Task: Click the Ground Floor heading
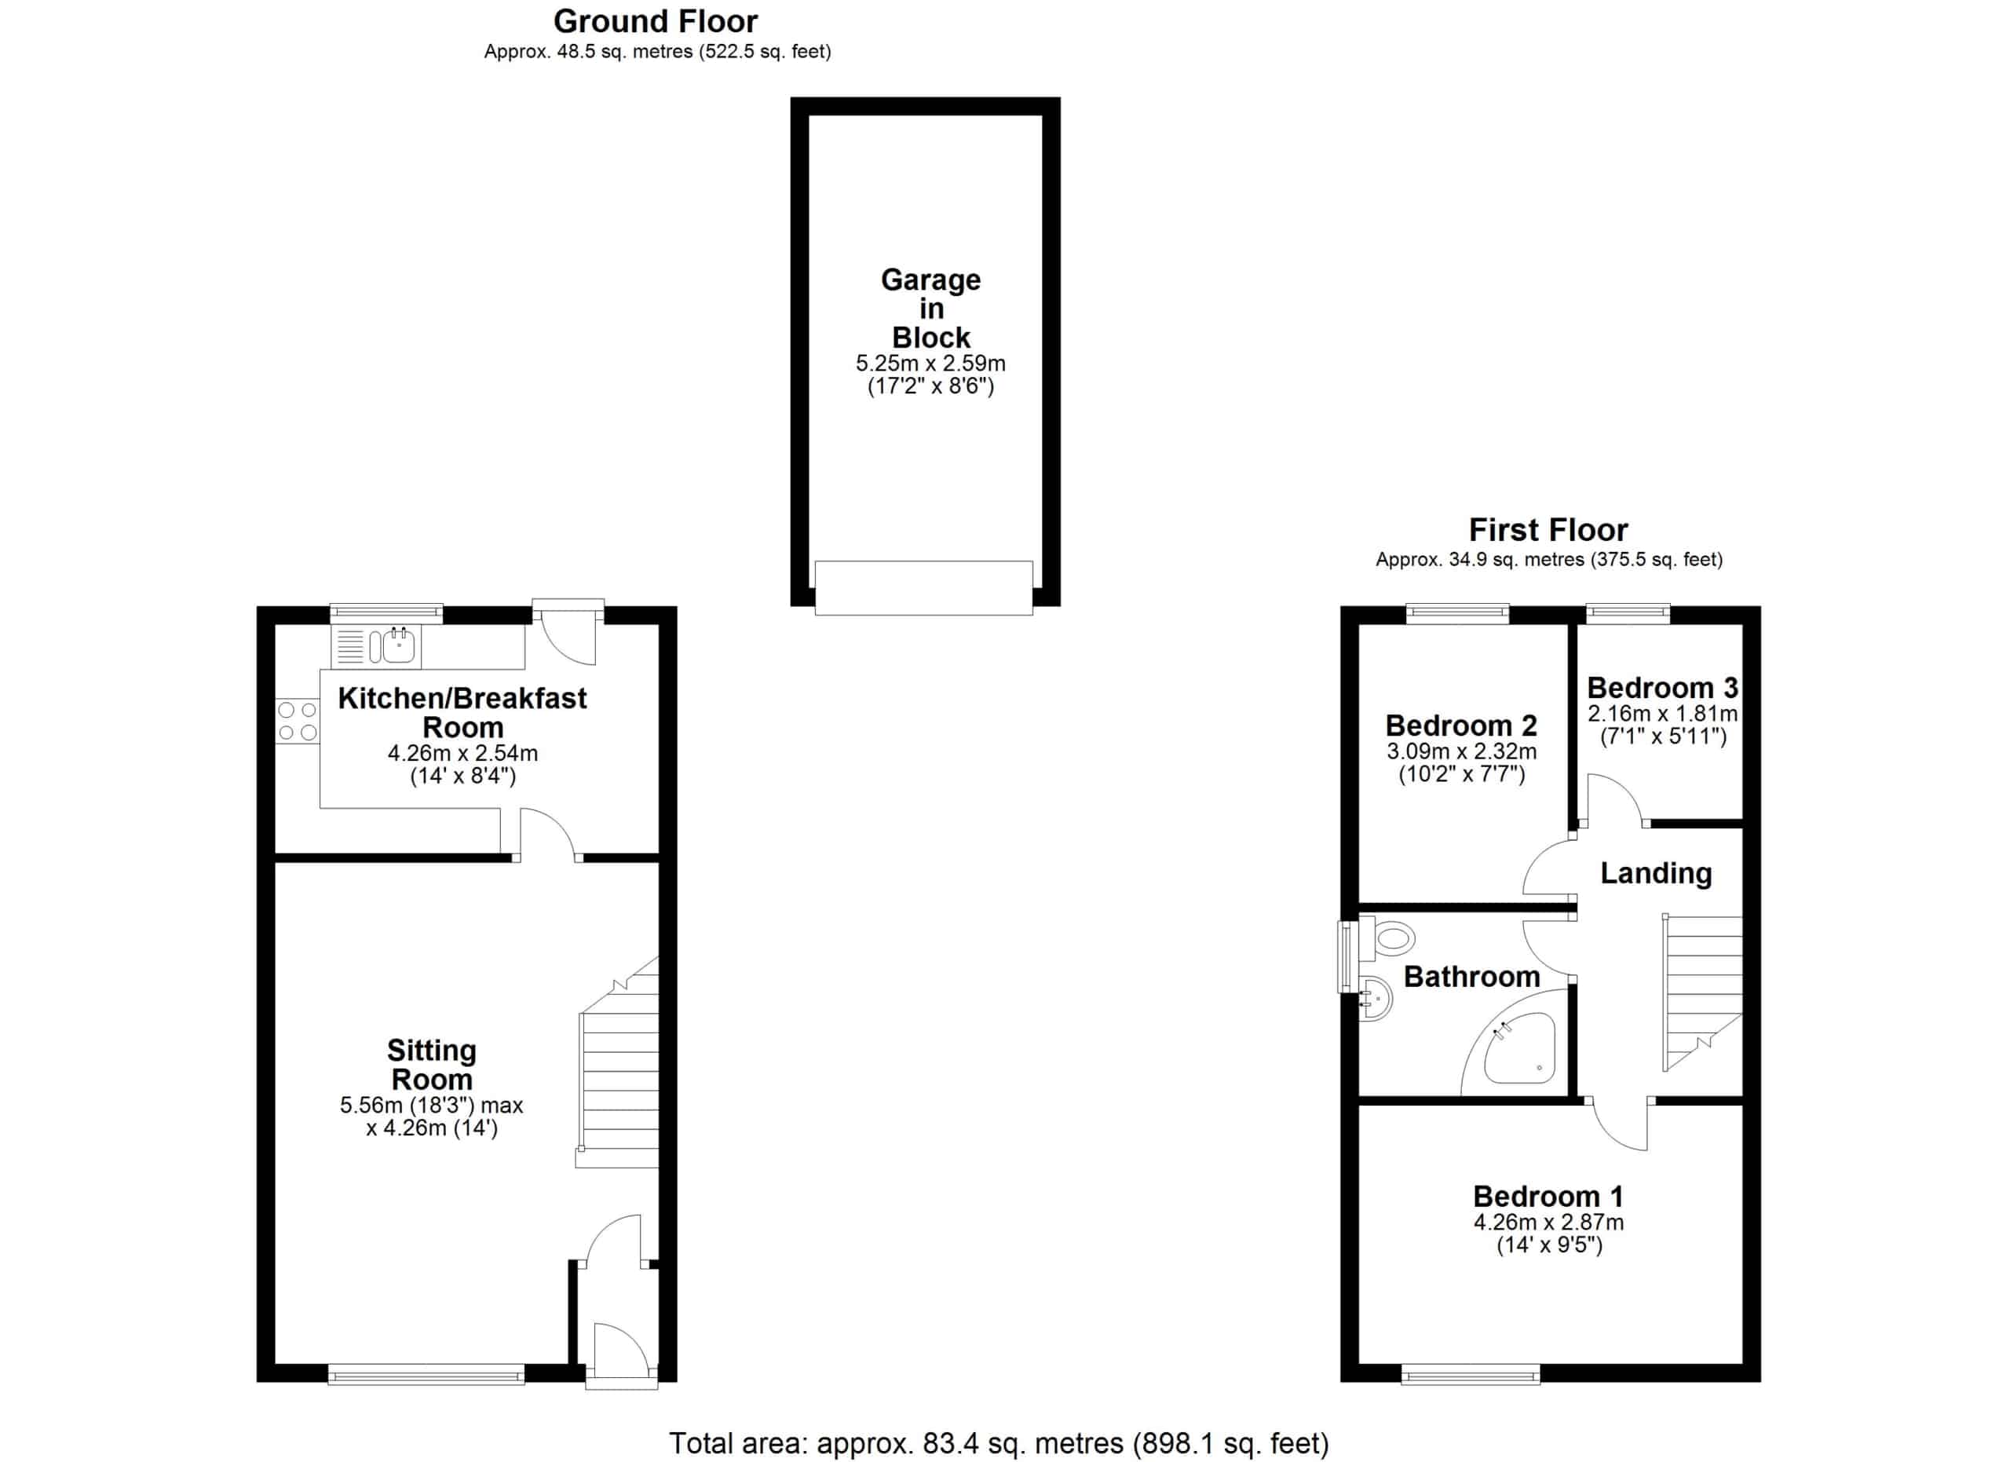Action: point(655,21)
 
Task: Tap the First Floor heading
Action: point(1548,530)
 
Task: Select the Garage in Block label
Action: point(930,309)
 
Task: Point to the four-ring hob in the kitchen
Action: point(298,722)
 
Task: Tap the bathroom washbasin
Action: point(1376,1000)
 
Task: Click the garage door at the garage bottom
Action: point(923,587)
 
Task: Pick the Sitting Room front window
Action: point(426,1374)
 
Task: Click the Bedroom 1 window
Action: point(1471,1374)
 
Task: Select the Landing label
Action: point(1656,874)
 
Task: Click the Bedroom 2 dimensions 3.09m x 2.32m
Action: point(1461,751)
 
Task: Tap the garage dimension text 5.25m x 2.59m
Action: point(930,364)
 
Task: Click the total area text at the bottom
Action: point(999,1443)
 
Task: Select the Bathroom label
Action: point(1472,977)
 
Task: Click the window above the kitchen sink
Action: point(386,613)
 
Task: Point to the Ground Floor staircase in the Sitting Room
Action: point(618,1062)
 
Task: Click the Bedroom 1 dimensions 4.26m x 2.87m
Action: point(1548,1223)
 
